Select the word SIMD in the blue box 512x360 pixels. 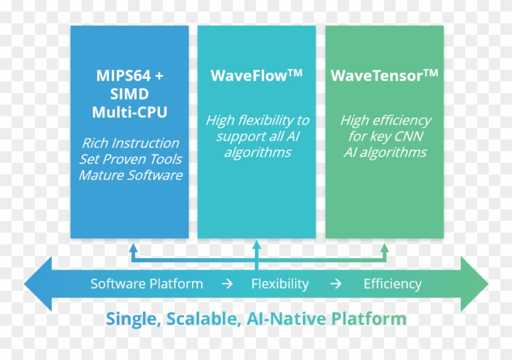pyautogui.click(x=129, y=94)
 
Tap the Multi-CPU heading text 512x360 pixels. pyautogui.click(x=129, y=112)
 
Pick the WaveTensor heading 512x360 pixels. pyautogui.click(x=376, y=76)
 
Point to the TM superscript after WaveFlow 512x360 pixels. pyautogui.click(x=295, y=72)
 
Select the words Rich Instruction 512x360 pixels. pyautogui.click(x=130, y=143)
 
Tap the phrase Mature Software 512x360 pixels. pyautogui.click(x=130, y=175)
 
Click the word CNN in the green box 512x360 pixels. pyautogui.click(x=410, y=137)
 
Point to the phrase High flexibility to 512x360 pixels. pyautogui.click(x=257, y=120)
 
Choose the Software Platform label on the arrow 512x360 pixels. pyautogui.click(x=147, y=284)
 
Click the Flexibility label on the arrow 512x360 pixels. pyautogui.click(x=280, y=284)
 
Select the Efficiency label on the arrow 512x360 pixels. pyautogui.click(x=392, y=284)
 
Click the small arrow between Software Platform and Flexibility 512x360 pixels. pyautogui.click(x=227, y=284)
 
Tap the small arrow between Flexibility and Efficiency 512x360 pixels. pyautogui.click(x=336, y=284)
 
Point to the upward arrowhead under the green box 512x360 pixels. pyautogui.click(x=384, y=248)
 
